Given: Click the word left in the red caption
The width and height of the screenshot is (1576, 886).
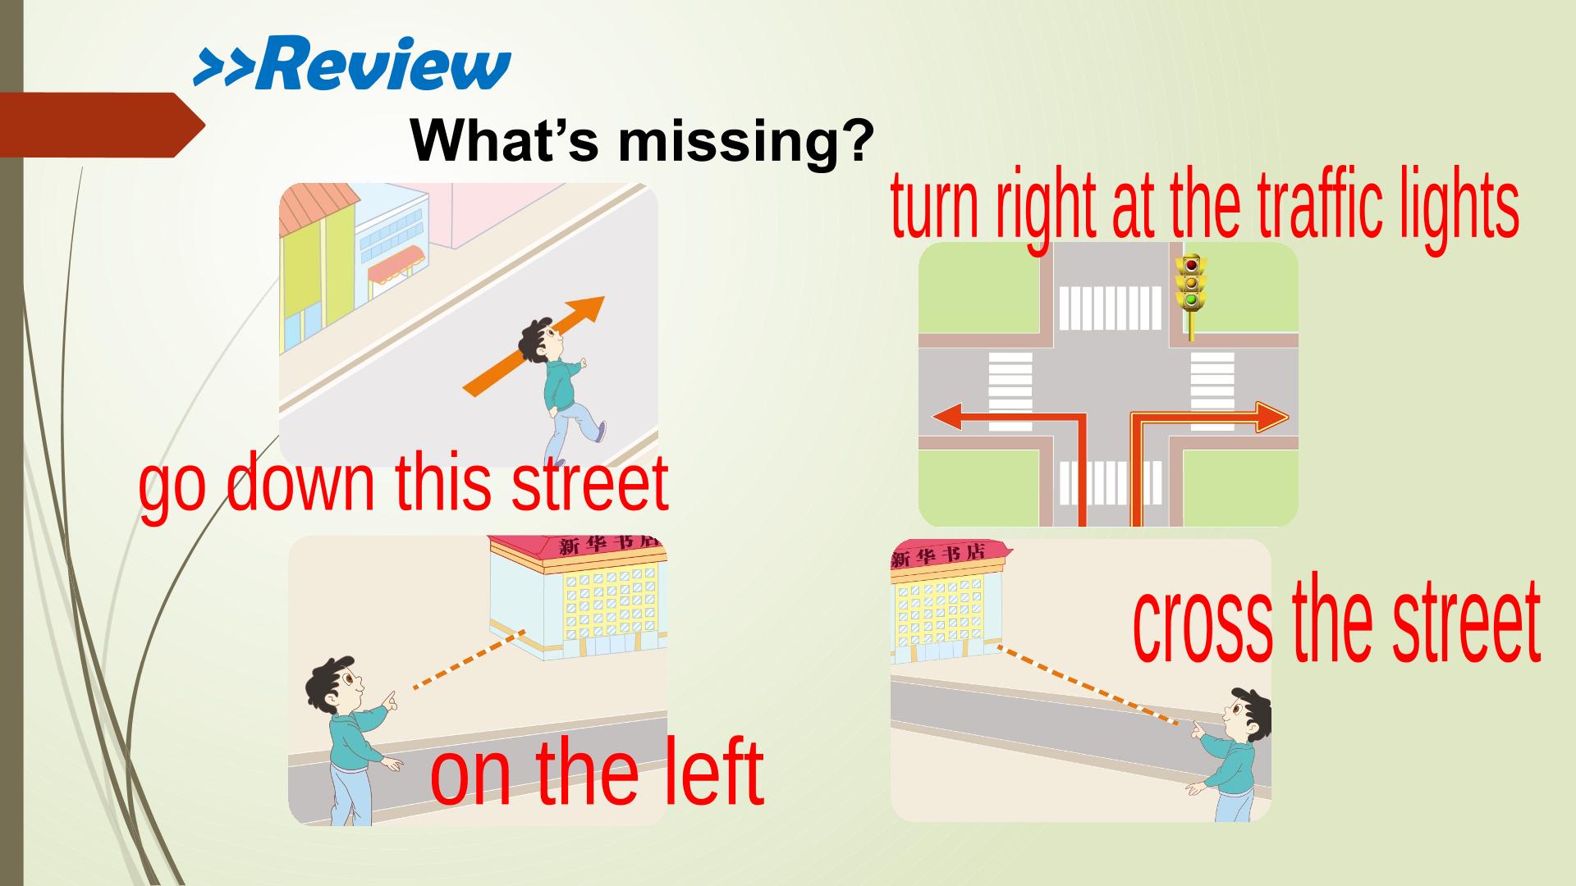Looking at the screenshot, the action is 708,770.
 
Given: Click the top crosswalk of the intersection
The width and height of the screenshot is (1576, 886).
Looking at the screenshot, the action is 1110,307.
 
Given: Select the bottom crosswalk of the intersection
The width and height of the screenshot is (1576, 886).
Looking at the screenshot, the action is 1110,482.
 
